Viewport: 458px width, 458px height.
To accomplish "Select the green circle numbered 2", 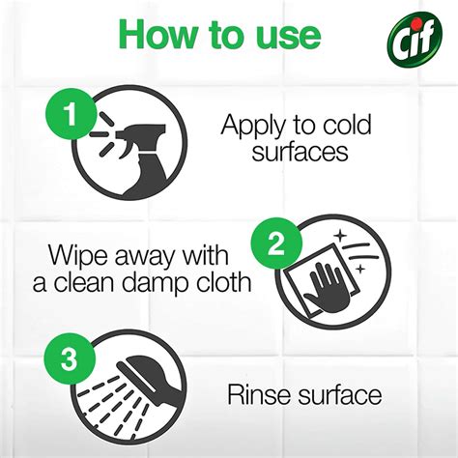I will [x=277, y=245].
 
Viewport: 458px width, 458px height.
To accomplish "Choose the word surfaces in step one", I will [x=297, y=154].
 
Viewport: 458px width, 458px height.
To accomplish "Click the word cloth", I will [x=225, y=283].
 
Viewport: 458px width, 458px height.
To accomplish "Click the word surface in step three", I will [x=334, y=394].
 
